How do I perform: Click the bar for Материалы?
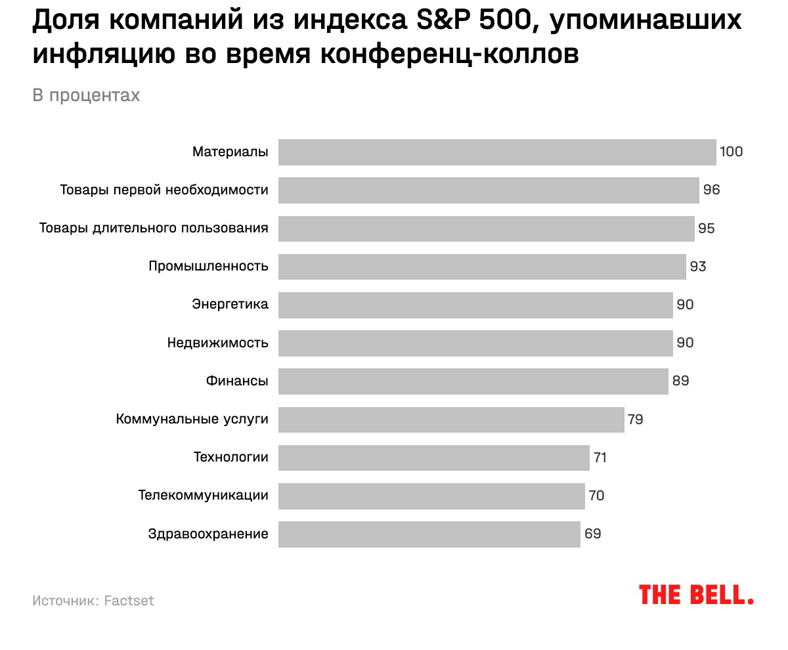497,152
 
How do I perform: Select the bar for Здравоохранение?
429,534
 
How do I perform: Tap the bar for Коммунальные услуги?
451,420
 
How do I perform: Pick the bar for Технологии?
434,458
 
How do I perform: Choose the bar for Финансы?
473,381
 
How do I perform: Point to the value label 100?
731,152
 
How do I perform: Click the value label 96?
712,190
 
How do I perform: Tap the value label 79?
636,420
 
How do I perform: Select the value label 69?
593,534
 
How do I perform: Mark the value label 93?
698,267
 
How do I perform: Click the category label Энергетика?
230,305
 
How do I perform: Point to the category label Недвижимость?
218,343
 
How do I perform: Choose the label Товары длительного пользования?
154,228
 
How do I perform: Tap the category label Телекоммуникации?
204,496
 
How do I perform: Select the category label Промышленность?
208,267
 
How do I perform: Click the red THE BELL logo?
696,595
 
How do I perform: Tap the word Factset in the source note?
129,601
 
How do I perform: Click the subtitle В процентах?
86,96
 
